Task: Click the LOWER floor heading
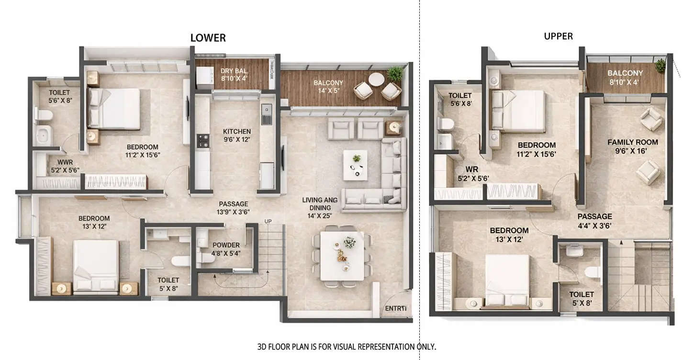point(208,38)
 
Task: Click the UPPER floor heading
point(558,36)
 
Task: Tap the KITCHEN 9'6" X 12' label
point(236,135)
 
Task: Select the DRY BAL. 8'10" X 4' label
point(233,74)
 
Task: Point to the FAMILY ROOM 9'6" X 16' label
point(632,146)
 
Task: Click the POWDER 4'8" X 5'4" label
point(226,249)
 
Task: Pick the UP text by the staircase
point(268,221)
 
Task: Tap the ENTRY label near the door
point(395,309)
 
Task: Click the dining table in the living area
point(342,256)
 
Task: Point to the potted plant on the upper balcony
point(660,66)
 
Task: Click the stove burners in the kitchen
point(203,140)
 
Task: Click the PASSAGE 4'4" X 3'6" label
point(594,221)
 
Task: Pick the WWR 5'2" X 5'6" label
point(65,166)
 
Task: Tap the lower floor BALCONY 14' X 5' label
point(328,86)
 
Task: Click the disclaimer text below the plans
point(347,346)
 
